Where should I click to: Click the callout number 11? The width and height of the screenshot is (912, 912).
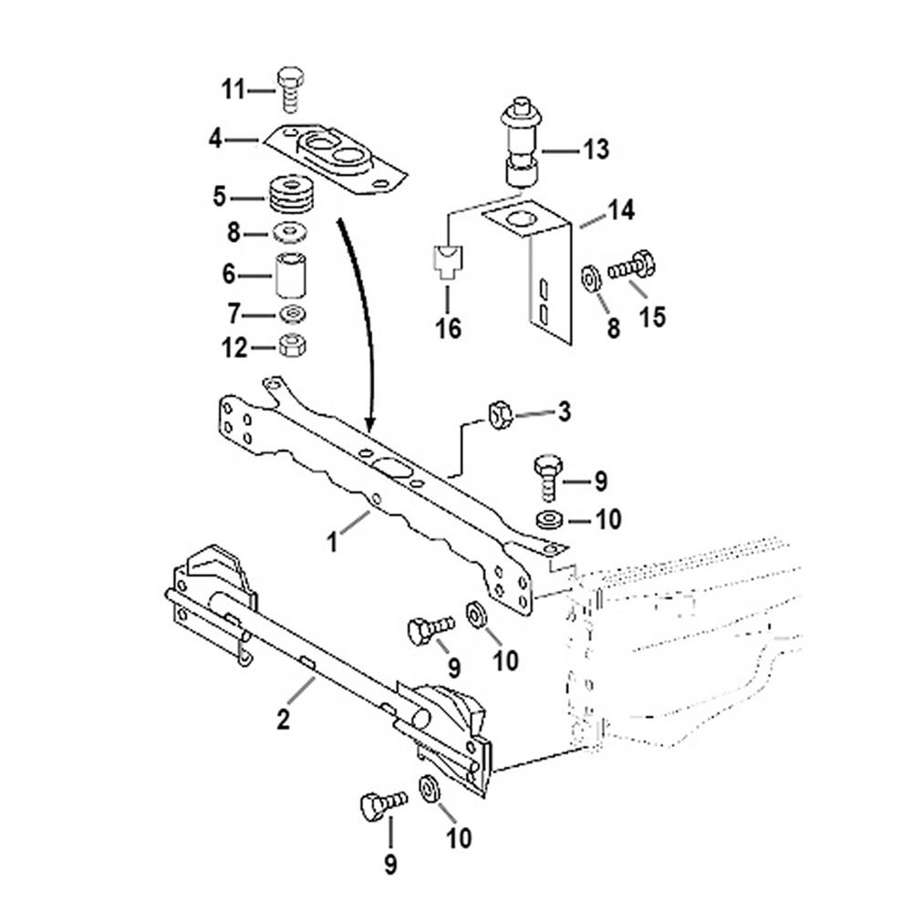coord(233,89)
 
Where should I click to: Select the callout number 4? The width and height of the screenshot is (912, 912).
coord(215,140)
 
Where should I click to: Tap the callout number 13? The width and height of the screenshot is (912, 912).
coord(596,150)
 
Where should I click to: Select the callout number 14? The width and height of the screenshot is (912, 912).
coord(621,212)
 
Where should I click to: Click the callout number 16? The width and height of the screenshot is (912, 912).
coord(448,326)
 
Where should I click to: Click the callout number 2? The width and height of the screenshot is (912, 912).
coord(284,720)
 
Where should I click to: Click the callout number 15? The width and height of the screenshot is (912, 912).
coord(652,316)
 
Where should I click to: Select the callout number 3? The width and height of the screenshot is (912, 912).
coord(564,412)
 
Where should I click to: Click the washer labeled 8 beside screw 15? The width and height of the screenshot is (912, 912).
coord(589,275)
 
